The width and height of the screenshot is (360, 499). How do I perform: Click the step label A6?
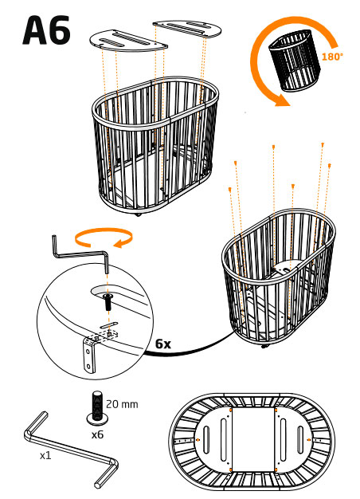pos(46,30)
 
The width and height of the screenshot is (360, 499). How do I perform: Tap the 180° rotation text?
pos(332,57)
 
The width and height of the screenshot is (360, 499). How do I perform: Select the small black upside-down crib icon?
pos(295,60)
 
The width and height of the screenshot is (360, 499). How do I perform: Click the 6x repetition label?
pos(163,344)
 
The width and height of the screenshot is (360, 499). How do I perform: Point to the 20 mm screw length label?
pos(122,404)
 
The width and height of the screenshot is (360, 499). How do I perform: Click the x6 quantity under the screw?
pos(97,434)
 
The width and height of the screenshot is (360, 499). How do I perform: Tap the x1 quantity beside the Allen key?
pos(45,456)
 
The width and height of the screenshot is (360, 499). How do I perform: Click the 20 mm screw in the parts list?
pos(97,409)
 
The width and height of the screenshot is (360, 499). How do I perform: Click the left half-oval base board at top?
pos(128,41)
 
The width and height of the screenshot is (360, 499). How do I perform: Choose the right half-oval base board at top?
pos(186,28)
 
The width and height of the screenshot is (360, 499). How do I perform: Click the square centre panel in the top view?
pos(252,439)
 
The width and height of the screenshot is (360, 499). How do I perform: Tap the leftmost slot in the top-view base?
pos(207,440)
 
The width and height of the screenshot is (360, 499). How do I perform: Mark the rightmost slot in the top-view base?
pos(300,439)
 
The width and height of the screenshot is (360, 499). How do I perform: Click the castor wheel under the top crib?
pos(138,214)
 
